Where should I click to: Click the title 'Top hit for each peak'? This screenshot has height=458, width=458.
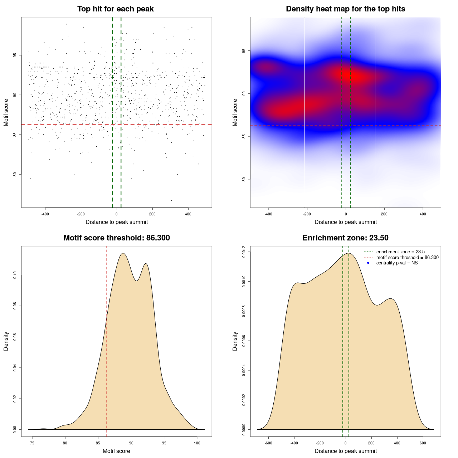click(x=115, y=9)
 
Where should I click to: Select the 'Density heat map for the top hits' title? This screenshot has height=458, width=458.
click(x=345, y=9)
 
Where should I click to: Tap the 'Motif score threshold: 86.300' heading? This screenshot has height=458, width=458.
click(x=116, y=238)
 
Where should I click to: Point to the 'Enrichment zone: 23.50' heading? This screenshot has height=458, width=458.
click(x=345, y=238)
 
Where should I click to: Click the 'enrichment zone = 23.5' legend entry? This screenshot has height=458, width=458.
click(x=400, y=252)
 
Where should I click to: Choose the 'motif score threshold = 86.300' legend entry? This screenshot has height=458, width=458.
click(x=407, y=258)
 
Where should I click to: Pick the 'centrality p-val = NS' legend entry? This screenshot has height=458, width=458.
click(x=397, y=263)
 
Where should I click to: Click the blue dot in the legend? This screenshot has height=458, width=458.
click(x=368, y=263)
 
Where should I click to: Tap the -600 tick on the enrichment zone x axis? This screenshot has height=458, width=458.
click(x=268, y=443)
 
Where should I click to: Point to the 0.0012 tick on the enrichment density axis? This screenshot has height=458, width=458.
click(x=244, y=252)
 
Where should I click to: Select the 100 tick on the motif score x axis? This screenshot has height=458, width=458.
click(x=197, y=443)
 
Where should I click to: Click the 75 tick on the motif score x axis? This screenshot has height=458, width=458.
click(x=32, y=443)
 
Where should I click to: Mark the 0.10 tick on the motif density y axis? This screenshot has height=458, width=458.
click(x=15, y=275)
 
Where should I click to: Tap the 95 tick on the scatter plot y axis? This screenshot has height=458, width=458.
click(x=15, y=55)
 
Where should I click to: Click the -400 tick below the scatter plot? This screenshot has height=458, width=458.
click(x=45, y=214)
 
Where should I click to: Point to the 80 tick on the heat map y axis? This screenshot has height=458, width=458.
click(x=244, y=179)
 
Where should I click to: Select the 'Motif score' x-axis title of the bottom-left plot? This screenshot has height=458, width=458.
click(x=116, y=451)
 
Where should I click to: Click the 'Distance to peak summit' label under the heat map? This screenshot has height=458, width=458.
click(x=345, y=222)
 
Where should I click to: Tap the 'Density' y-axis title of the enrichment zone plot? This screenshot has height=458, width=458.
click(x=235, y=341)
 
